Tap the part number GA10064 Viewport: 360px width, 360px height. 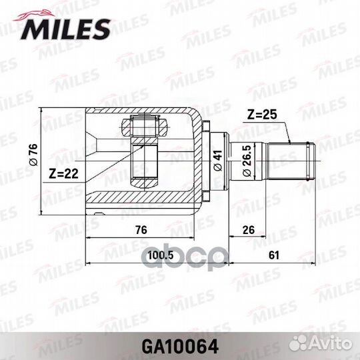pyautogui.click(x=179, y=346)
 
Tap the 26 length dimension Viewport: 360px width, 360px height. pyautogui.click(x=249, y=230)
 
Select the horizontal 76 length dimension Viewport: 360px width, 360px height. pyautogui.click(x=141, y=230)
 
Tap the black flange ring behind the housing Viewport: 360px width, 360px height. pyautogui.click(x=207, y=160)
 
